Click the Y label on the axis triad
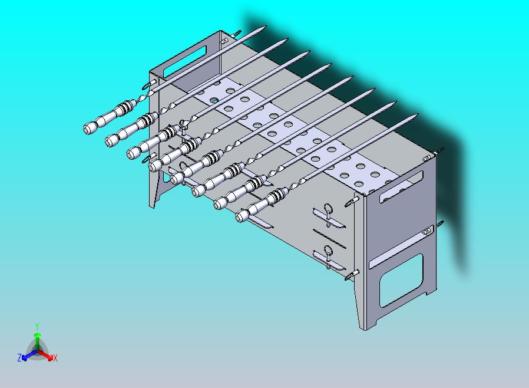coord(37,326)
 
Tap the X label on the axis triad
coord(55,359)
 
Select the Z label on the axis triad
coord(19,357)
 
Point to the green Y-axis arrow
coord(37,341)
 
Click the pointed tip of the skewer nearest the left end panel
coord(265,27)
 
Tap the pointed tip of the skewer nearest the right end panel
coord(417,115)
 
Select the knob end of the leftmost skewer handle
coord(88,129)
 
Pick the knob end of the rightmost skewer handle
coord(240,216)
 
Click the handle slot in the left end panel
coord(184,61)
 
